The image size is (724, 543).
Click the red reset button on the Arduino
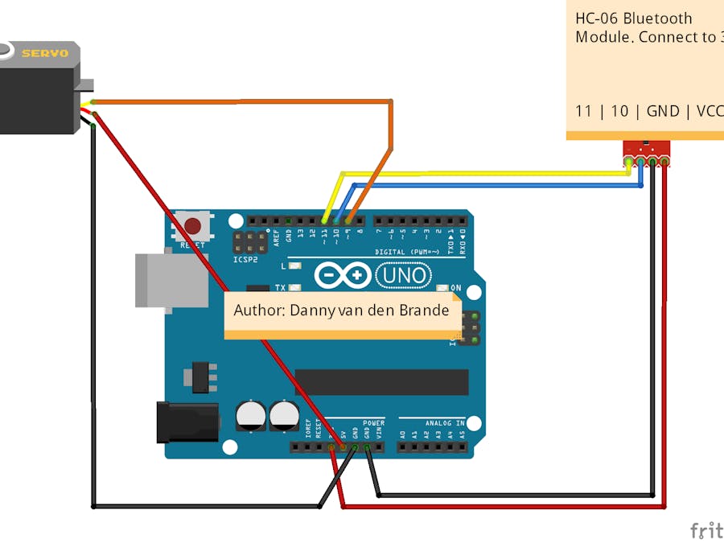point(194,224)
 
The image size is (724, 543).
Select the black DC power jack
point(187,422)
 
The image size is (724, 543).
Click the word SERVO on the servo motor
point(44,54)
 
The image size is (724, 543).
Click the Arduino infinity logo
point(342,276)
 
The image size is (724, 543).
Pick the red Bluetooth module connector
point(647,150)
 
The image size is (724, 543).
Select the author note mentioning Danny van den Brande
point(342,311)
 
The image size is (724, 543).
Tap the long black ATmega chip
point(381,382)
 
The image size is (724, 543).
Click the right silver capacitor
point(284,415)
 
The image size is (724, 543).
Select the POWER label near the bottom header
point(373,422)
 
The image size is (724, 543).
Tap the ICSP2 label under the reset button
point(245,261)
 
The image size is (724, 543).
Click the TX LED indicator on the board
point(295,287)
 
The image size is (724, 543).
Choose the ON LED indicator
point(442,287)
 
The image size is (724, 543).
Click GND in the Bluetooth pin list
point(663,111)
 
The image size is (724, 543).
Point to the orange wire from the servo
point(241,102)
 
